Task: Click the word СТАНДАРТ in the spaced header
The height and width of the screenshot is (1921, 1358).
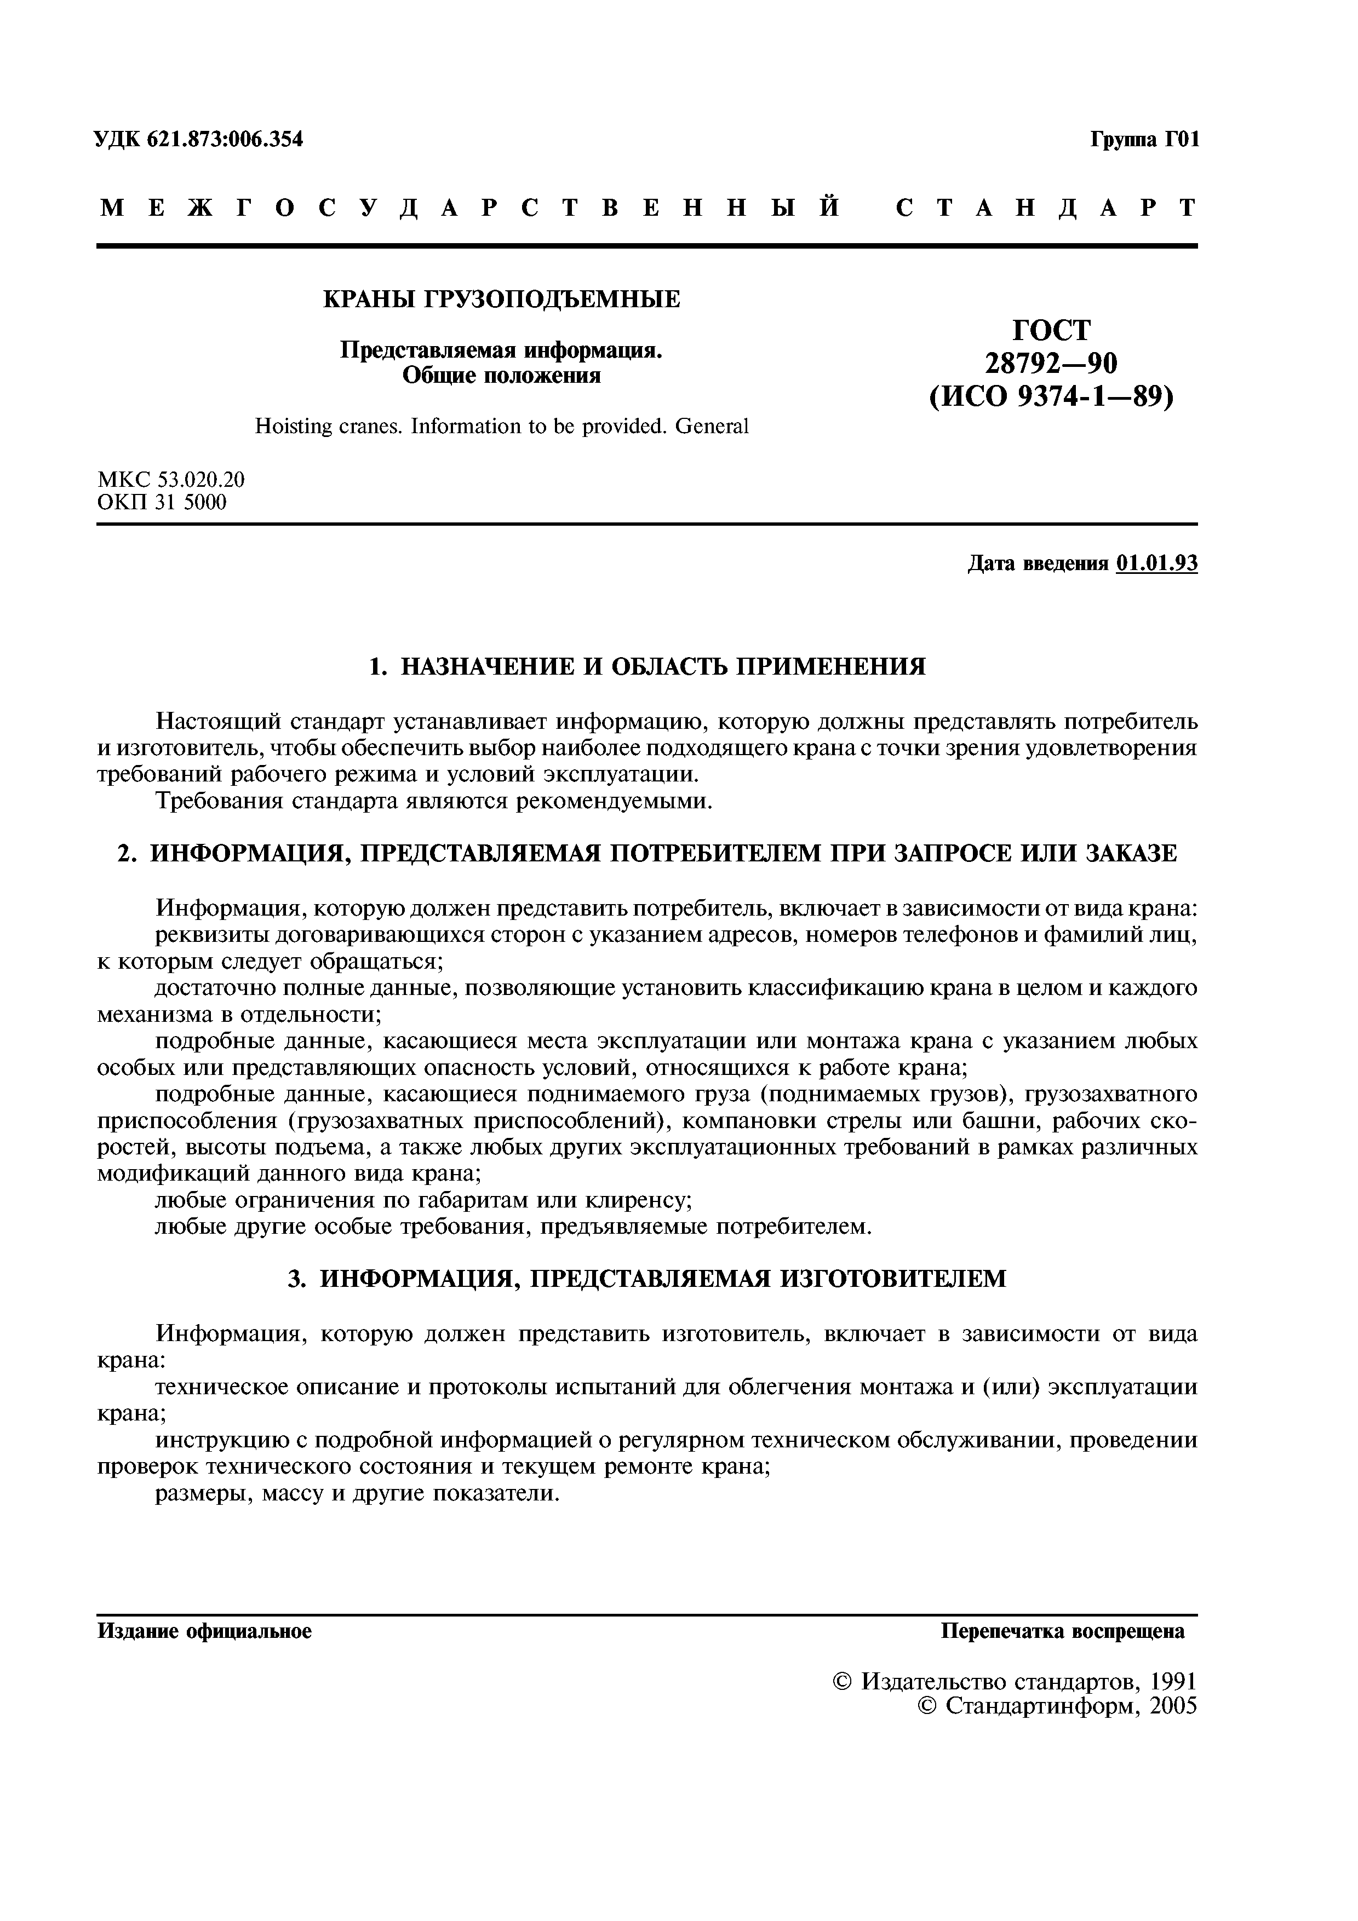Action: (1046, 208)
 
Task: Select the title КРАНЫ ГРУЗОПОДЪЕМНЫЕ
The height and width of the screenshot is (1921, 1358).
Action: (501, 298)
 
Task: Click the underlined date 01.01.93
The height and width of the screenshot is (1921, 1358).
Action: (1156, 564)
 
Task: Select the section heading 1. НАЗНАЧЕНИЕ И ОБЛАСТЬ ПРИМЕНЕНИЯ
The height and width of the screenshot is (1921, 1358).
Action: (647, 667)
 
